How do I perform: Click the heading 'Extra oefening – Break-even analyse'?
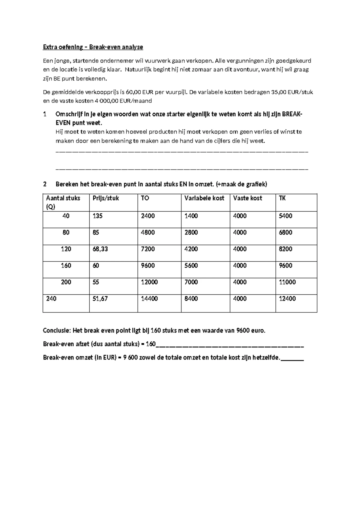(x=93, y=47)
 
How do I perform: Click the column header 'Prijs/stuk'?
(x=106, y=198)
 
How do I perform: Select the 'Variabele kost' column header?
(x=204, y=198)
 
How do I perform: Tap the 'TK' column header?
(x=282, y=198)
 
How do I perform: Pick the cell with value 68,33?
(x=100, y=249)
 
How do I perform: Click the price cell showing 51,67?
(x=100, y=299)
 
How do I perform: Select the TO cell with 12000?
(x=149, y=282)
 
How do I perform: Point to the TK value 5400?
(x=285, y=216)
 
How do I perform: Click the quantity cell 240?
(x=51, y=299)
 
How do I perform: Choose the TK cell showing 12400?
(x=287, y=299)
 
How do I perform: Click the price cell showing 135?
(x=97, y=216)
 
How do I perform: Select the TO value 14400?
(x=149, y=299)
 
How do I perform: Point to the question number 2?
(x=45, y=184)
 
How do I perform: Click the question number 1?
(x=45, y=114)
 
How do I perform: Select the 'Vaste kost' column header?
(x=247, y=198)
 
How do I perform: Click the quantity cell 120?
(x=66, y=249)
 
